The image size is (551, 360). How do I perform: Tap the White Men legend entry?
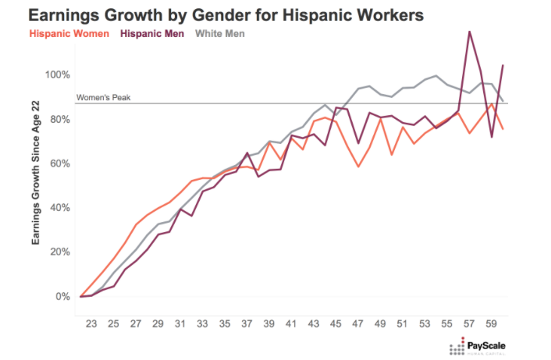click(x=220, y=33)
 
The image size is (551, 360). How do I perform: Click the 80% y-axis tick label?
click(x=60, y=120)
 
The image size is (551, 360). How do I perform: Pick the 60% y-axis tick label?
click(x=60, y=163)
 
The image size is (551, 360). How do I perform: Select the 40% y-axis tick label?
click(x=60, y=208)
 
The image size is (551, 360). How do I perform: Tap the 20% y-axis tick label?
click(x=60, y=252)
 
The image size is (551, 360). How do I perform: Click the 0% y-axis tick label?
click(x=63, y=296)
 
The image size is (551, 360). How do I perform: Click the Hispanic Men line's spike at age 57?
click(x=470, y=32)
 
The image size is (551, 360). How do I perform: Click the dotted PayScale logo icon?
click(x=458, y=348)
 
